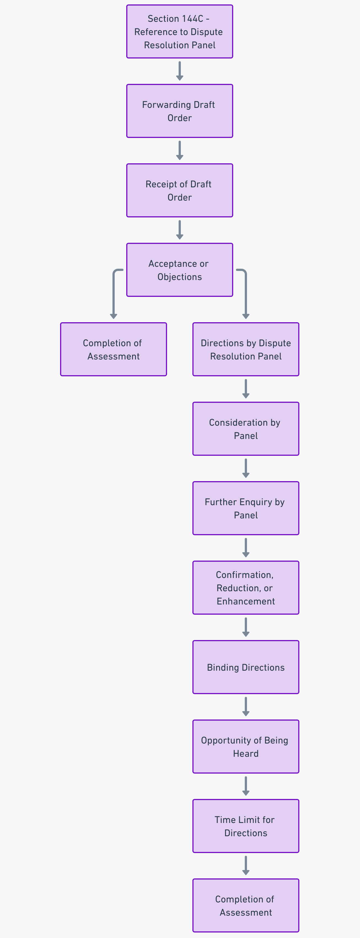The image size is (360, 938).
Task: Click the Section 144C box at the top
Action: click(x=179, y=32)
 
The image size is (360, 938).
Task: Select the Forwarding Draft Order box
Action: click(x=179, y=111)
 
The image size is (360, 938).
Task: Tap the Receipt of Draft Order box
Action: click(x=179, y=190)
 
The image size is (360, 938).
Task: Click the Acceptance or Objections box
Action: click(x=179, y=270)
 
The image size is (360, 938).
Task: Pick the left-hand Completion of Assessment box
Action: click(x=113, y=349)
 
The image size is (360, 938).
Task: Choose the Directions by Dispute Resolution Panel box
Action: click(x=246, y=349)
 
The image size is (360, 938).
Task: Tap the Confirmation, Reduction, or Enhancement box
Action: click(x=246, y=587)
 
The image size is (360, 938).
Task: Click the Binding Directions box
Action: click(x=246, y=667)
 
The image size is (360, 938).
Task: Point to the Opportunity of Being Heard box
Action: click(x=246, y=747)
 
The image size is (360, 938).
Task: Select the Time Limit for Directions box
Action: click(x=246, y=826)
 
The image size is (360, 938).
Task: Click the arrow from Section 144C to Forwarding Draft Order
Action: click(x=179, y=71)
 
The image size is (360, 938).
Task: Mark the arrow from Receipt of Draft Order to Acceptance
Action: click(x=179, y=230)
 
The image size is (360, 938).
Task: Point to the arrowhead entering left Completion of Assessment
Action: click(x=114, y=316)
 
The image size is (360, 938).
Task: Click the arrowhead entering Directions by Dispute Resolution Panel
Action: click(x=246, y=316)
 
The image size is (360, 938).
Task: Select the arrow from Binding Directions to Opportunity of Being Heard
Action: click(x=246, y=707)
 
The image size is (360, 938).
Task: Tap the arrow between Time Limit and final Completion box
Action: click(x=246, y=865)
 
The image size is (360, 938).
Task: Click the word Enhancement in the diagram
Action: click(x=246, y=601)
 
